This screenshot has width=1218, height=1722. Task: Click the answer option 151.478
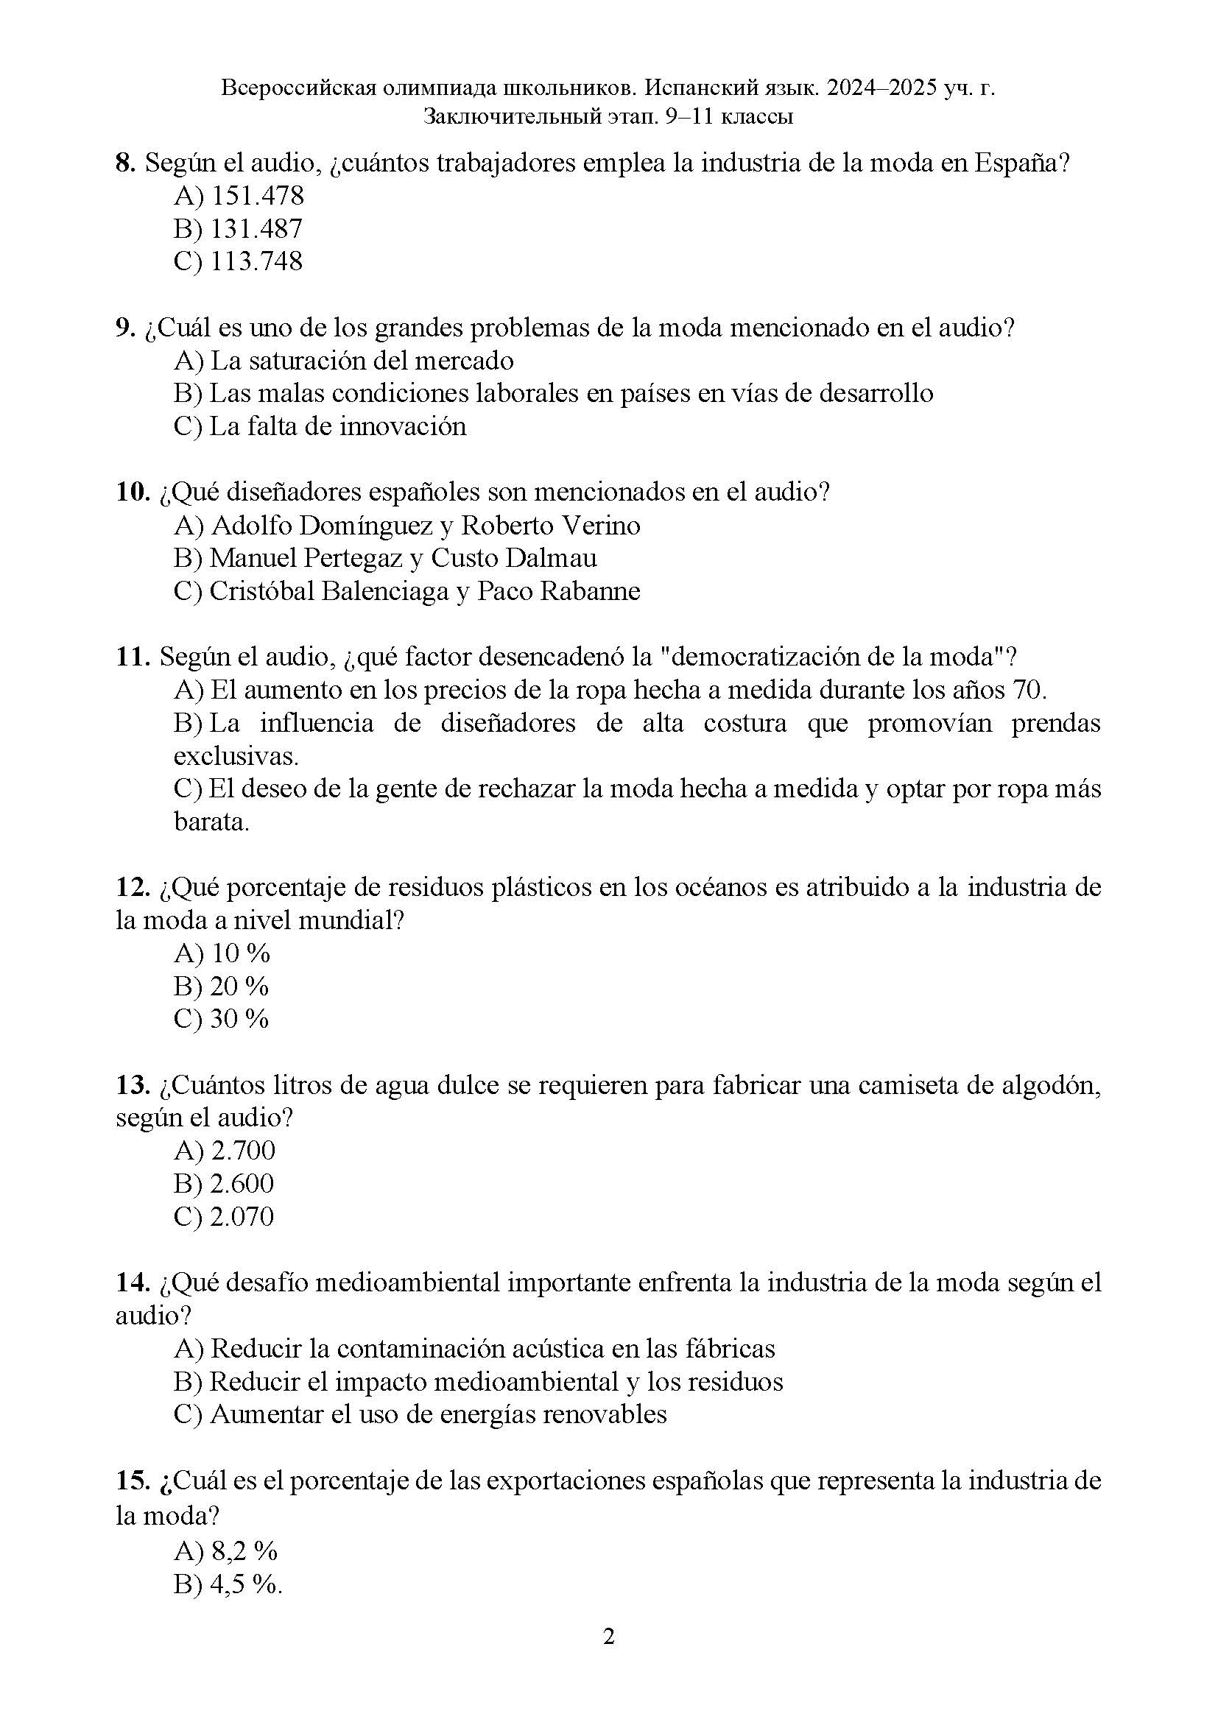257,197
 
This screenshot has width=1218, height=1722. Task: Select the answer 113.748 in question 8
256,262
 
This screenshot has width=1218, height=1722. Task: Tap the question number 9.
124,328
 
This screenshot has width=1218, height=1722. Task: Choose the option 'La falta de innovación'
337,427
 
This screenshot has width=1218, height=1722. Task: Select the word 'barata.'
211,823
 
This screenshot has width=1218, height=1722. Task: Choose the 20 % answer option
239,987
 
